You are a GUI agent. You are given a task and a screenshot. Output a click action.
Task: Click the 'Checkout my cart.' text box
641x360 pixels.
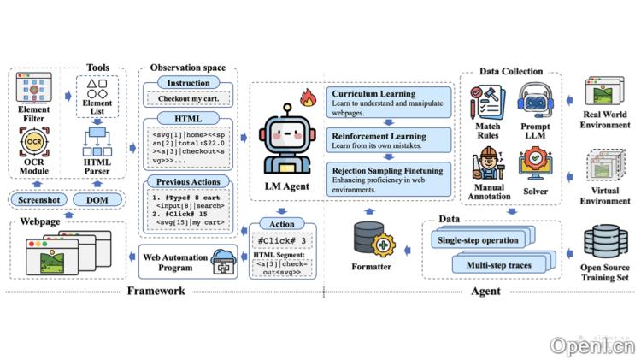coord(188,98)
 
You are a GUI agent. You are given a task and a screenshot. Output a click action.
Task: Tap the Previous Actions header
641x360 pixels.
coord(189,180)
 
